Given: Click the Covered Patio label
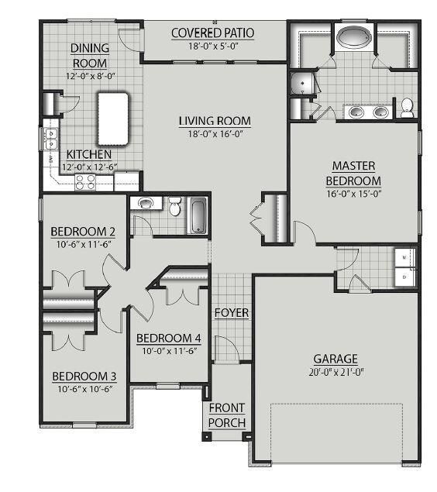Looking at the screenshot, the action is coord(213,33).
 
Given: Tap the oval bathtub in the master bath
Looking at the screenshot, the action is coord(354,37).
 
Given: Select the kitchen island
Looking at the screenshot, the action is coord(113,119).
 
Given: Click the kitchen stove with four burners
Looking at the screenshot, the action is coord(85,182).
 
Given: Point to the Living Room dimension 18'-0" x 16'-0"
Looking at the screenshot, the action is coord(215,134).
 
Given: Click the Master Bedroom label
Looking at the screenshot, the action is coord(353,174).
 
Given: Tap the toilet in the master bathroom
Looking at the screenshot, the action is coord(408,108).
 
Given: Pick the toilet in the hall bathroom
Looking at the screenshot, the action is coord(174,206).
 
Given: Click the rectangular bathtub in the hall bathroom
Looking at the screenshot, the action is coord(198,215).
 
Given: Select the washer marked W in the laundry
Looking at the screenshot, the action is coord(404,257).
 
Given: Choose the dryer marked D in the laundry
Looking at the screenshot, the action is coord(404,277).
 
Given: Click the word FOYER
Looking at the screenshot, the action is coord(232,313).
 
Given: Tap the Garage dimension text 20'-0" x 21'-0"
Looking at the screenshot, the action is coord(336,372).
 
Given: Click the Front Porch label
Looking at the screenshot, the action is coord(227,415).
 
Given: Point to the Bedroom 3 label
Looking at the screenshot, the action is coord(84,377).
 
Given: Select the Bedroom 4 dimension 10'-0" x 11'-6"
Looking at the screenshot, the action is coord(170,351).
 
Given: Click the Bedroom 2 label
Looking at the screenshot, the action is coord(83,232).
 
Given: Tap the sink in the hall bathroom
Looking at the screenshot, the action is coord(145,204).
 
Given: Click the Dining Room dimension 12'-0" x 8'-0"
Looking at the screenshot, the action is coord(91,76).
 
